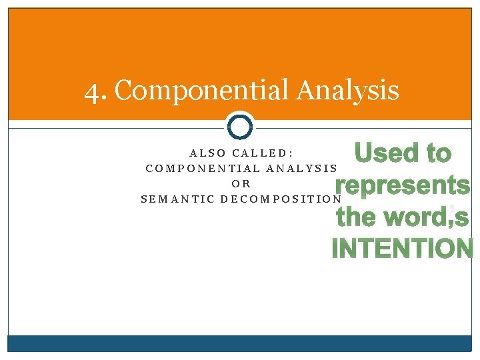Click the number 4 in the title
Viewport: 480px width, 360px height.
click(93, 90)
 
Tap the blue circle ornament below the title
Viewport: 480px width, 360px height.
click(240, 125)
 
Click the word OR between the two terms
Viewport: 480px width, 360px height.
click(241, 184)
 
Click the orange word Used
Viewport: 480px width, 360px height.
click(381, 153)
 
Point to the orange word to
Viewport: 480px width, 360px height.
click(439, 154)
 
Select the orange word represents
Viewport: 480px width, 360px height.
click(403, 185)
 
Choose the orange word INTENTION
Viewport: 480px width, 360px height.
click(403, 248)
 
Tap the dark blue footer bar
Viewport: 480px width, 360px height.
click(240, 343)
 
